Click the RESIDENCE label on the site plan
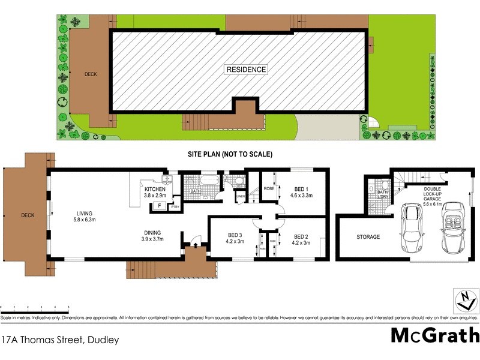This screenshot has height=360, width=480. pyautogui.click(x=246, y=70)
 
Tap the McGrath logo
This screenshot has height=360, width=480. pyautogui.click(x=435, y=335)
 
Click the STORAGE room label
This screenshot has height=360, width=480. pyautogui.click(x=368, y=237)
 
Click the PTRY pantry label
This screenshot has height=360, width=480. pyautogui.click(x=175, y=207)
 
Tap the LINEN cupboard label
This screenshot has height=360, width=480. pyautogui.click(x=241, y=196)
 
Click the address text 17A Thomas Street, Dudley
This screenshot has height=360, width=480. pyautogui.click(x=60, y=340)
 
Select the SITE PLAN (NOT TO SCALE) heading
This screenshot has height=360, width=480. pyautogui.click(x=230, y=154)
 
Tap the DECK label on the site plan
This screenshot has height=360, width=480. pyautogui.click(x=91, y=74)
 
